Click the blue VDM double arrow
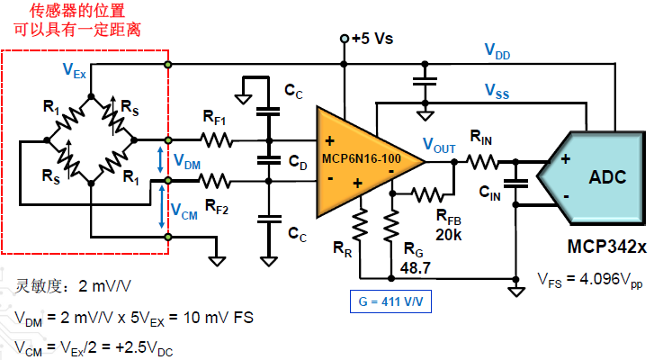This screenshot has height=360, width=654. tap(161, 159)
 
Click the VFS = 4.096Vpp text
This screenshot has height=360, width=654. tap(589, 278)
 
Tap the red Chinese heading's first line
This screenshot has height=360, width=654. tap(78, 11)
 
